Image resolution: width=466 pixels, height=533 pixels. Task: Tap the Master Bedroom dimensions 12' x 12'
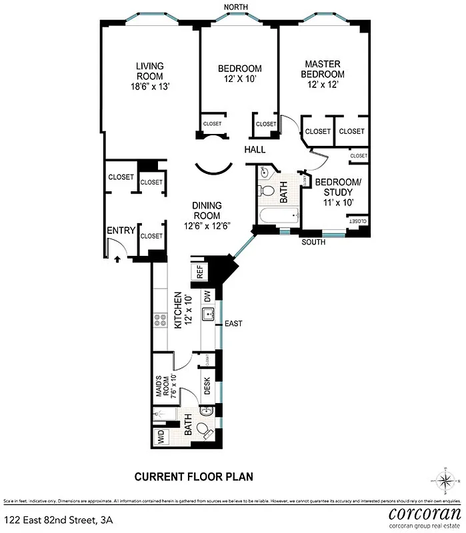(323, 86)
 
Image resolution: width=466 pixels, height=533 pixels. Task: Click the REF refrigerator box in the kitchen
(199, 272)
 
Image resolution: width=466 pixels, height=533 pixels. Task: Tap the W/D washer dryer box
(161, 438)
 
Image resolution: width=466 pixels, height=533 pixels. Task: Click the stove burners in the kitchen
(160, 320)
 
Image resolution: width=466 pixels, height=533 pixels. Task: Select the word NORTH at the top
(236, 7)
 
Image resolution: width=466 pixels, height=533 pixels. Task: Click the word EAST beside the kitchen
(233, 324)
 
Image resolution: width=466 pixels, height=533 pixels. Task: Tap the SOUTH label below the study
(313, 243)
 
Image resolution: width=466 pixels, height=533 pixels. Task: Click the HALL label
(255, 150)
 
